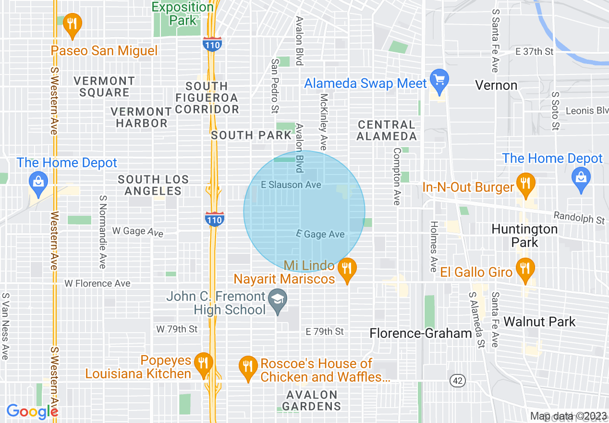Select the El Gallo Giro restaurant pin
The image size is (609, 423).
point(525,268)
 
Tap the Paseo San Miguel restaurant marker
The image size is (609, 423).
point(72,25)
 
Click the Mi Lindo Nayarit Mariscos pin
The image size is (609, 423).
point(346,269)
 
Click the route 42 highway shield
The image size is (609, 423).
point(458,380)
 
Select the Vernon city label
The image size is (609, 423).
point(496,86)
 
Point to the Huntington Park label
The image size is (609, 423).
point(524,235)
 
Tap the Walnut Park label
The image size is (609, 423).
point(539,322)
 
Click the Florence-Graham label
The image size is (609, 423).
point(421,333)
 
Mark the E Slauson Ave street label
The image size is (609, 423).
point(291,185)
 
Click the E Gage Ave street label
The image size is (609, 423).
point(320,234)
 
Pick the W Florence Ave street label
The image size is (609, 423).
point(97,284)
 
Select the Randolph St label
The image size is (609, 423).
point(579,218)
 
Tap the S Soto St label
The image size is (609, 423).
point(556,111)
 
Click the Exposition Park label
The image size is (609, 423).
point(183,13)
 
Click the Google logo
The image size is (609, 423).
point(32,412)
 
